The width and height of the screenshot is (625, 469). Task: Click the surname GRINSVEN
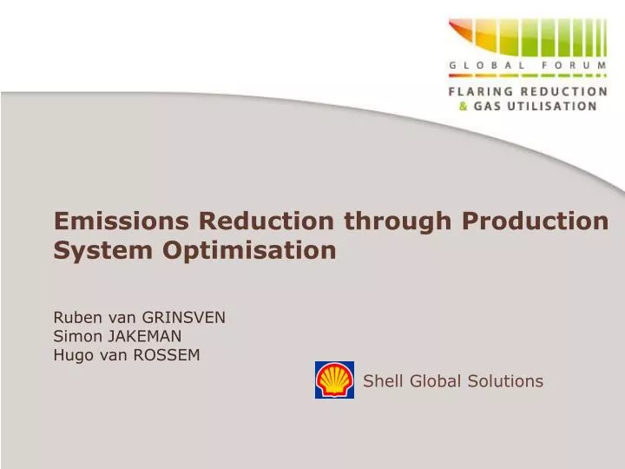coord(185,317)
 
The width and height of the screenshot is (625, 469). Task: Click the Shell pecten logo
coord(334,380)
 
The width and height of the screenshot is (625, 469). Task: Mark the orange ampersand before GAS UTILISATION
coord(463,105)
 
